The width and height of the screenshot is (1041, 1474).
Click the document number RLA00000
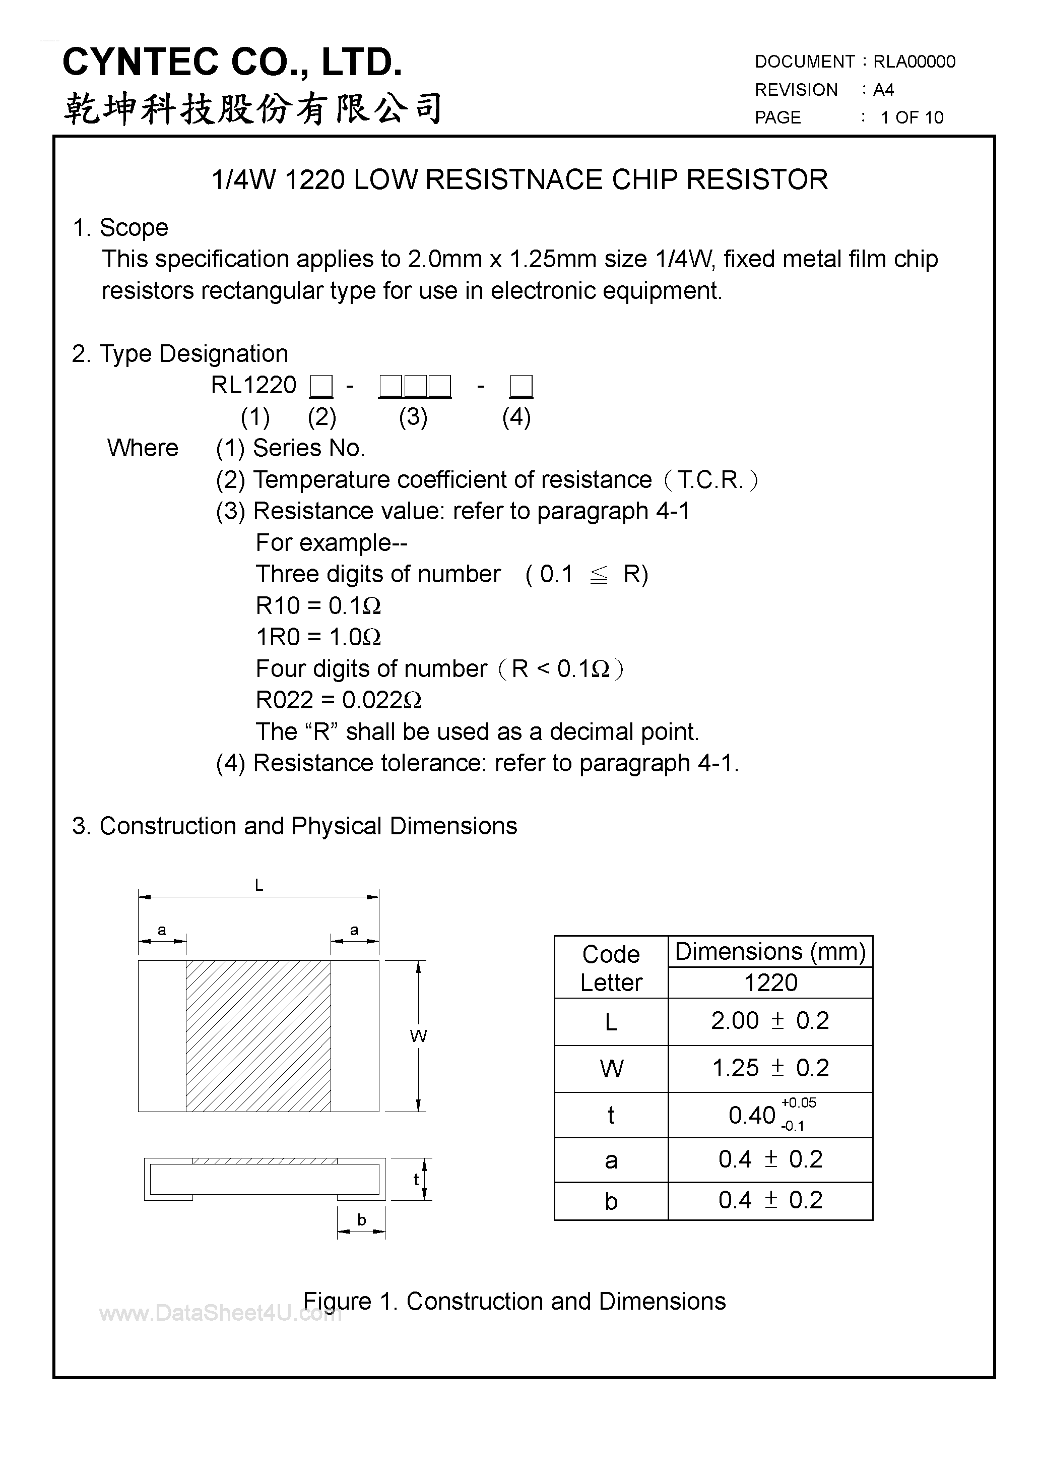(x=914, y=62)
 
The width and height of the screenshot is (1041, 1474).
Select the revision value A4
(x=884, y=90)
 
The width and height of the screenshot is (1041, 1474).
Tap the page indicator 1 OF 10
(x=912, y=117)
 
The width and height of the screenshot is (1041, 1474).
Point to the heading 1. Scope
(x=120, y=228)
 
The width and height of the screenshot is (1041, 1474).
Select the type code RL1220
(x=253, y=385)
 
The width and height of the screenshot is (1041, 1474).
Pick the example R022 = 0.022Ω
(x=338, y=700)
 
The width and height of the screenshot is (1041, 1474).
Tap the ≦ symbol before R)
(x=598, y=575)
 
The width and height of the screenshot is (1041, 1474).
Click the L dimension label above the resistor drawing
(x=258, y=885)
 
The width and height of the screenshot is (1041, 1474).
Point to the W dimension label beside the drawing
(x=418, y=1036)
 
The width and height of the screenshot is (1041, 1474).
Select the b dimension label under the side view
(x=361, y=1220)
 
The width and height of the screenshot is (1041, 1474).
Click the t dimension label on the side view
(x=416, y=1179)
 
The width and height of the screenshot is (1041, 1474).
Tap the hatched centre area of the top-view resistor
(x=258, y=1036)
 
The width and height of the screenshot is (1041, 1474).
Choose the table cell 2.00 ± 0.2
(x=769, y=1021)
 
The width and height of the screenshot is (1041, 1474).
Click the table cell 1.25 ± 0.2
(x=769, y=1068)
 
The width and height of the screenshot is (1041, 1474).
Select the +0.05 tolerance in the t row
(x=799, y=1103)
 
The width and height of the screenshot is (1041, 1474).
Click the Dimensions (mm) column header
(x=769, y=951)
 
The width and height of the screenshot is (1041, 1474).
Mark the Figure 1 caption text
(x=514, y=1301)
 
